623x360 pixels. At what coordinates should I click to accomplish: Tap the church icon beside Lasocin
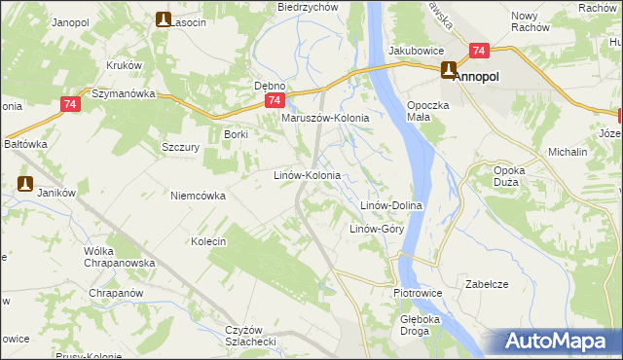(163, 19)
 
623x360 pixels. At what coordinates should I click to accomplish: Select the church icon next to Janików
(25, 182)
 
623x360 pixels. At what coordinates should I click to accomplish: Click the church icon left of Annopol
(449, 70)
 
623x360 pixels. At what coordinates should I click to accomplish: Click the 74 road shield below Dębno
(275, 100)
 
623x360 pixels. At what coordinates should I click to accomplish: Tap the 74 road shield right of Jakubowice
(477, 50)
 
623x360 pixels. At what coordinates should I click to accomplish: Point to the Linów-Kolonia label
(306, 176)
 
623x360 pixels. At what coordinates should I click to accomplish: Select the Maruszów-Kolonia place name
(325, 118)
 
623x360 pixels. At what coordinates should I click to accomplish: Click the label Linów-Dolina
(390, 206)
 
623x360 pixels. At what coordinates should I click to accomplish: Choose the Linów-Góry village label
(377, 230)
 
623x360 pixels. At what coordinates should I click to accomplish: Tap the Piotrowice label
(419, 292)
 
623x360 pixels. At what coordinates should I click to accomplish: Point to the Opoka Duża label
(509, 176)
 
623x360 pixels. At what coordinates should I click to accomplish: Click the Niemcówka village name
(198, 196)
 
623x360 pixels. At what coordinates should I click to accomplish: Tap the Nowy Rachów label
(527, 22)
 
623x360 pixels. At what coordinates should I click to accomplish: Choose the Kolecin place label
(208, 241)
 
